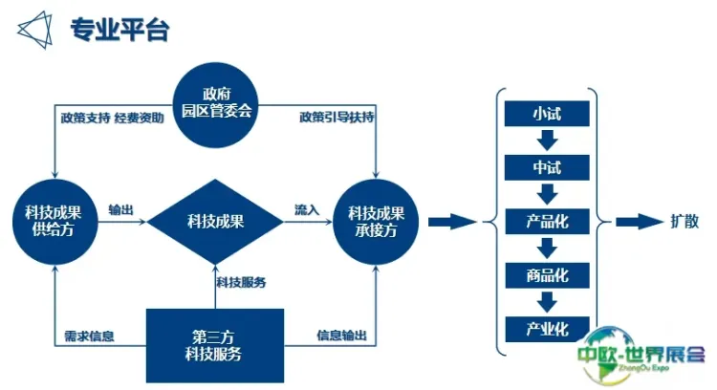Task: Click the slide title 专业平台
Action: pyautogui.click(x=119, y=30)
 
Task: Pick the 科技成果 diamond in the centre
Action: pyautogui.click(x=216, y=223)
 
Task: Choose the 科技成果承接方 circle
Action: pyautogui.click(x=377, y=223)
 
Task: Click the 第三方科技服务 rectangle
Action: pyautogui.click(x=215, y=345)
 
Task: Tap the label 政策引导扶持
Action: pyautogui.click(x=336, y=119)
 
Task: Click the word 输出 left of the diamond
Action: pyautogui.click(x=120, y=210)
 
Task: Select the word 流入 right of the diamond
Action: pyautogui.click(x=305, y=210)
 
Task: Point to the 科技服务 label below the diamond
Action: pyautogui.click(x=240, y=282)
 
